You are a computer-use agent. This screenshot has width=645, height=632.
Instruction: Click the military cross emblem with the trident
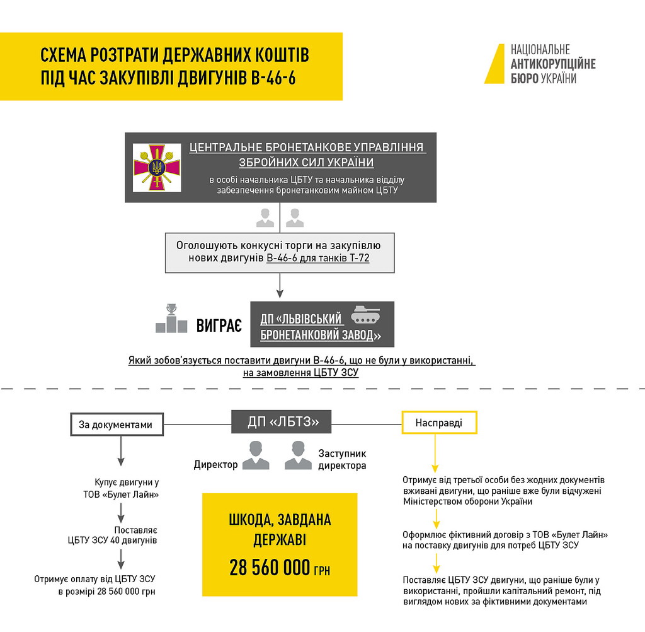(156, 167)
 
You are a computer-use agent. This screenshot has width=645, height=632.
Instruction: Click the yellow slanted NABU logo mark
(495, 64)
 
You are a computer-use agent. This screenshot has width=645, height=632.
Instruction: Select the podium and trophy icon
(171, 319)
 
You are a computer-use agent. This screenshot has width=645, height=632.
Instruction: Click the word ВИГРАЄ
(219, 326)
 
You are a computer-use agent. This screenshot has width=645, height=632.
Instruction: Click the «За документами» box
(115, 424)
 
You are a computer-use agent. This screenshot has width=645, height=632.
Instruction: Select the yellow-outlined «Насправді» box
(439, 423)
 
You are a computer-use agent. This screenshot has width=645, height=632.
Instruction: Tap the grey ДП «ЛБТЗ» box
(281, 422)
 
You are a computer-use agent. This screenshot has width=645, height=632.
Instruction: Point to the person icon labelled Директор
(255, 455)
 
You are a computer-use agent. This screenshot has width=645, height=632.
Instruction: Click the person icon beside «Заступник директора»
(298, 455)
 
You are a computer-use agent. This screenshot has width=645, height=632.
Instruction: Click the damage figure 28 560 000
(270, 568)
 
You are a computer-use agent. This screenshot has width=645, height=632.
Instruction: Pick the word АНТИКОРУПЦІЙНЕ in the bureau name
(552, 64)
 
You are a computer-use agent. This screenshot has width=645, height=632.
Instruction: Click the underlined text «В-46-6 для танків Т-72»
(317, 259)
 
